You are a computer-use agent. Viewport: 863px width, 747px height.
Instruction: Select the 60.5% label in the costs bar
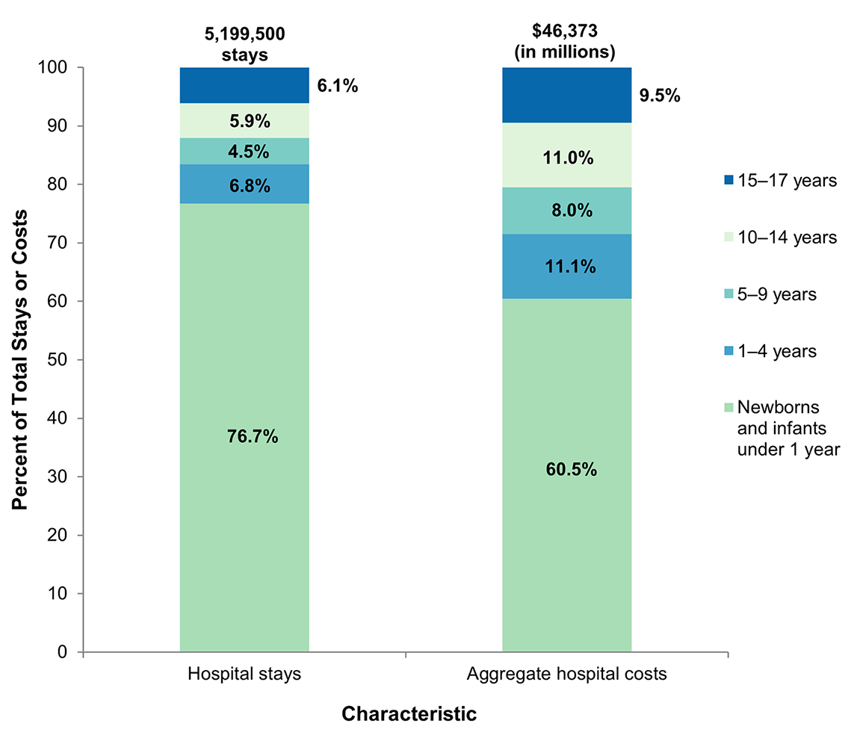[x=566, y=470]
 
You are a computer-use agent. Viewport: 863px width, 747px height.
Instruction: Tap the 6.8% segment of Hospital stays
[x=244, y=184]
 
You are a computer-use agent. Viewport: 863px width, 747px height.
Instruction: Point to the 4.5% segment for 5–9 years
[x=244, y=152]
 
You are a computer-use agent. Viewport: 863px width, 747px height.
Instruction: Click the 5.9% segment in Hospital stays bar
[x=244, y=121]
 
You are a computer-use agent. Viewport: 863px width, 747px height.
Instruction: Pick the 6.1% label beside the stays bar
[x=338, y=86]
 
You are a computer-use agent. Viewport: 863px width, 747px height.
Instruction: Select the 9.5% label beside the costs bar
[x=660, y=96]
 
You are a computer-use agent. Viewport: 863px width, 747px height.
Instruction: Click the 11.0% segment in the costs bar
[x=566, y=158]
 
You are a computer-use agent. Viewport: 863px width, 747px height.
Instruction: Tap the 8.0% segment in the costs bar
[x=566, y=211]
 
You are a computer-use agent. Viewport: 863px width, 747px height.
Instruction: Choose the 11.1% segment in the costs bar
[x=566, y=266]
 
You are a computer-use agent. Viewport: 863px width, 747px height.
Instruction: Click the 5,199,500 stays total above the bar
[x=244, y=43]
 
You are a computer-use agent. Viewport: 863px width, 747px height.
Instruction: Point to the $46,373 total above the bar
[x=566, y=43]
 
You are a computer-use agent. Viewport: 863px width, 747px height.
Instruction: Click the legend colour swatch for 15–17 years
[x=729, y=180]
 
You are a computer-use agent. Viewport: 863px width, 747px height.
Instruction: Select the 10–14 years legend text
[x=787, y=238]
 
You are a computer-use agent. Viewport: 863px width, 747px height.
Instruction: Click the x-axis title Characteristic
[x=409, y=714]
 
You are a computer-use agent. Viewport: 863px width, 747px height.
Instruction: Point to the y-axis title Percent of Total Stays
[x=20, y=359]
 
